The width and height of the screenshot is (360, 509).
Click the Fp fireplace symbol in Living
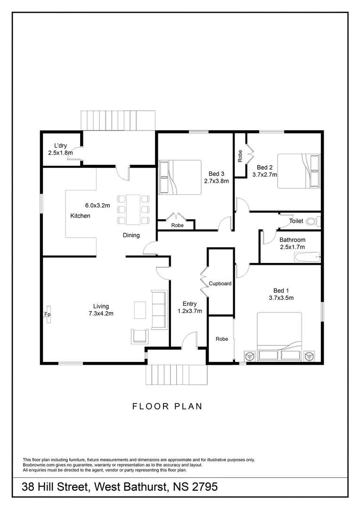click(x=48, y=315)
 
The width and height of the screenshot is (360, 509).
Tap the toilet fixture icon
click(x=311, y=221)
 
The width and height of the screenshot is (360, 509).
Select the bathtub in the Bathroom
click(x=307, y=257)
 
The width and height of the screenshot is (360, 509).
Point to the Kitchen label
click(x=80, y=216)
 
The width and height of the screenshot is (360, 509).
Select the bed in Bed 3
click(x=180, y=177)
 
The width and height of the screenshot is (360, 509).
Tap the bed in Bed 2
click(x=298, y=171)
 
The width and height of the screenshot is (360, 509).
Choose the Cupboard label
click(x=220, y=284)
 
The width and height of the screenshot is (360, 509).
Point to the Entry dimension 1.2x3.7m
click(x=189, y=311)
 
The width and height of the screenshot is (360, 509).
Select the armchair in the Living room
click(x=139, y=336)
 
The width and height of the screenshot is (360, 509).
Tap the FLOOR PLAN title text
click(x=167, y=406)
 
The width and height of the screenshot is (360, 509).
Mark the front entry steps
click(x=176, y=375)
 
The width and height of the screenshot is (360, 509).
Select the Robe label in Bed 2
click(x=240, y=156)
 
